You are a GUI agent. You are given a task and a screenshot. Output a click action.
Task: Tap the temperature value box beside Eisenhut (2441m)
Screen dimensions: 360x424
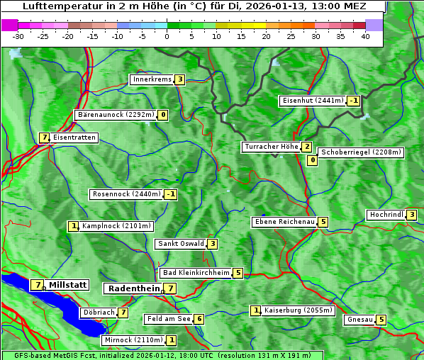[x=354, y=101]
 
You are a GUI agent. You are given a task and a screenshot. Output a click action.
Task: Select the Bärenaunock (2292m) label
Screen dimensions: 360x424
[x=115, y=115]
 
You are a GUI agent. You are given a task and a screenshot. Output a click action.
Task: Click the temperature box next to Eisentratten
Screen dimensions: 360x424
[x=44, y=137]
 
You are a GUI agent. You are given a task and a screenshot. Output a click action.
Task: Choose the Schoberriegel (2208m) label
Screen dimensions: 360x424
[x=361, y=152]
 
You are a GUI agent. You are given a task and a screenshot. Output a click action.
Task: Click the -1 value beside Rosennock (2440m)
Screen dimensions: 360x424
[x=170, y=194]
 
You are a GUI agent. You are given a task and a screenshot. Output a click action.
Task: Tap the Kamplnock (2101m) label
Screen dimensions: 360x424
[x=116, y=227]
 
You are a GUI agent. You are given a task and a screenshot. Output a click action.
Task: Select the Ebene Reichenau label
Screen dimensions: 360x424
[x=284, y=222]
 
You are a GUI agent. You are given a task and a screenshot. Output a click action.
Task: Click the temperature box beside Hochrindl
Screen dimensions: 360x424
[x=411, y=215]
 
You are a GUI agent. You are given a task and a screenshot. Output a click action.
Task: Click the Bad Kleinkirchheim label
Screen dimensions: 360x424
[x=196, y=273]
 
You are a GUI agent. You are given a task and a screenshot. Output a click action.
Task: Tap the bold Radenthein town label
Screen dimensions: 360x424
[x=133, y=288]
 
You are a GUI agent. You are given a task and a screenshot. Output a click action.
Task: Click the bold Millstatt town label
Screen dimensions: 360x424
[x=68, y=285]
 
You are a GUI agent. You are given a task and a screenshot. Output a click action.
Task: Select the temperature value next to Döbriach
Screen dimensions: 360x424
[x=123, y=312]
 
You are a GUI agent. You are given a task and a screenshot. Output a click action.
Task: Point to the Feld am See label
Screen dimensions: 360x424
[x=168, y=319]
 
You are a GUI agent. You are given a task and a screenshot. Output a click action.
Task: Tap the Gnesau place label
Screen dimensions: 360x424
[x=360, y=320]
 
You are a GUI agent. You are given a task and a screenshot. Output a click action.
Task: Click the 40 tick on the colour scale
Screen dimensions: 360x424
[x=365, y=36]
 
